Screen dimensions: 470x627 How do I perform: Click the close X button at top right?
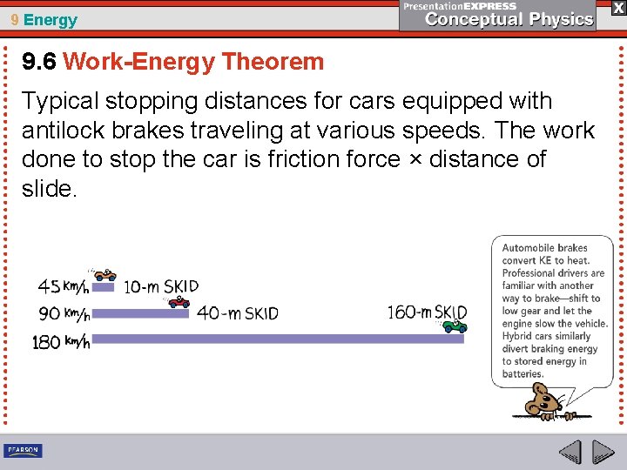point(617,8)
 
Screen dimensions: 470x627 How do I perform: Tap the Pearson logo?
point(23,450)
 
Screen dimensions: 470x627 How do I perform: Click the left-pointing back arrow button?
point(570,452)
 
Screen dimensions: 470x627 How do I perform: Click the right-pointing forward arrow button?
point(603,452)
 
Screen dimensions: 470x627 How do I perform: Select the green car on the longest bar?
point(455,326)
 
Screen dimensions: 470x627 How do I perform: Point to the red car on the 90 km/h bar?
point(179,302)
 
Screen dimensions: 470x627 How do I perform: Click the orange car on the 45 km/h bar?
point(104,276)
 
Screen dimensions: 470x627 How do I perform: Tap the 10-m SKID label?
point(161,286)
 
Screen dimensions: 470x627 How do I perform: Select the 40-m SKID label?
point(238,313)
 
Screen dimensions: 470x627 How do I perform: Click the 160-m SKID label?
point(427,312)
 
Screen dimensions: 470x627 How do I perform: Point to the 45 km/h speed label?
point(63,286)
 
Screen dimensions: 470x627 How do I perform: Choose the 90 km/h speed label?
point(63,313)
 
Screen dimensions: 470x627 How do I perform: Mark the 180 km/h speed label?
point(61,342)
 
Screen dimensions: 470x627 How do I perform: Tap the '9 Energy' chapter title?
point(44,20)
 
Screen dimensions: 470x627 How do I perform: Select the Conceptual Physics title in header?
point(509,19)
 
